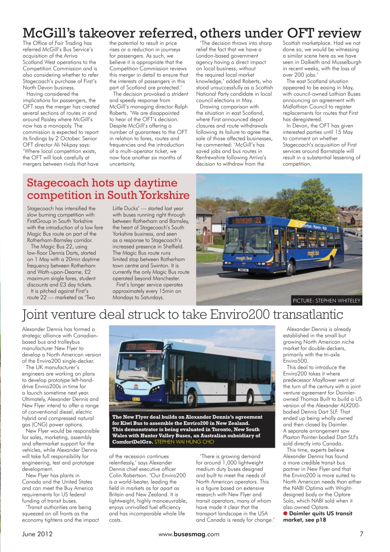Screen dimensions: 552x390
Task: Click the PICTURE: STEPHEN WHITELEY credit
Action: coord(326,301)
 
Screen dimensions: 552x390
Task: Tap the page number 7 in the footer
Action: coord(361,534)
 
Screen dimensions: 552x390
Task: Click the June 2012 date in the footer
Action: coord(37,534)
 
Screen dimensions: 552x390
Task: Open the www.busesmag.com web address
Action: coord(189,534)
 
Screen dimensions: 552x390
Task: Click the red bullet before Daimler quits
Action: coord(285,514)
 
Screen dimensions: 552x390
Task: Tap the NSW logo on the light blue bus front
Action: coord(136,384)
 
